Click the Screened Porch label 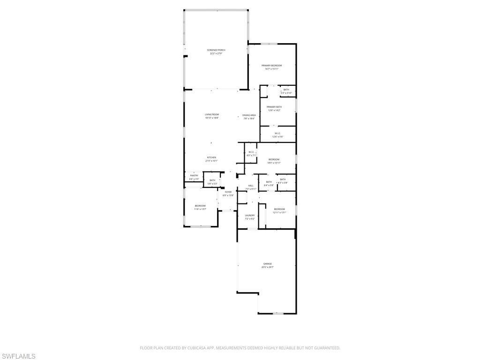pos(216,50)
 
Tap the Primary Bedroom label pos(272,66)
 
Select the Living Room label pos(212,115)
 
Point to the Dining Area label pos(249,115)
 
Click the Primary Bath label pos(274,107)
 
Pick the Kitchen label pos(212,157)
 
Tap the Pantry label pos(194,176)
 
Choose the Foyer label pos(228,192)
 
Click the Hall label pos(251,186)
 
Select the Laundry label pos(249,216)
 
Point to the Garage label pos(268,264)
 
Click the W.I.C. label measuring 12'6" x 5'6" pos(277,134)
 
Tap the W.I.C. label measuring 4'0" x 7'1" pos(251,152)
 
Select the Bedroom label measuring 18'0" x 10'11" pos(274,160)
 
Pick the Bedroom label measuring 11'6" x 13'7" pos(200,206)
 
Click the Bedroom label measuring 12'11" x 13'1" pos(279,209)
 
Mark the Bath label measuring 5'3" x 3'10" pos(286,90)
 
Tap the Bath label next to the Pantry pos(212,180)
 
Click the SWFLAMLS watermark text pos(18,356)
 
